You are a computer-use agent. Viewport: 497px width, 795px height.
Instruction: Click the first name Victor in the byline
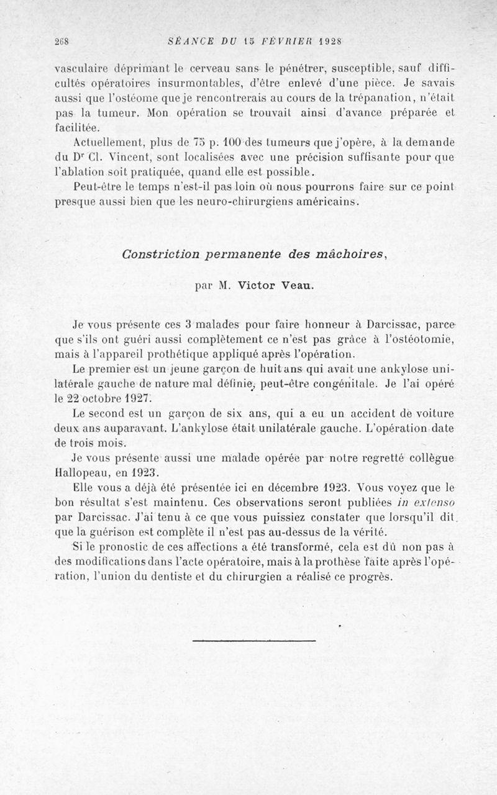point(255,287)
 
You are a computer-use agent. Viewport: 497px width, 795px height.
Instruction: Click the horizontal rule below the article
point(254,640)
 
